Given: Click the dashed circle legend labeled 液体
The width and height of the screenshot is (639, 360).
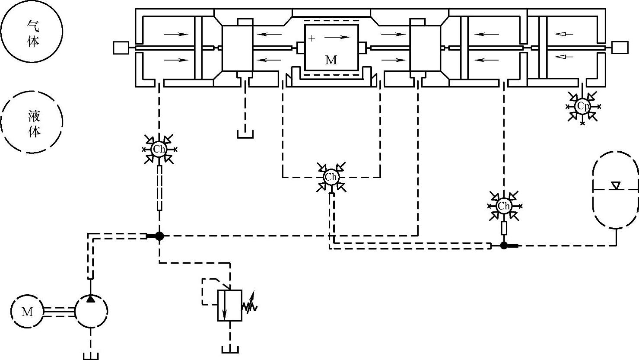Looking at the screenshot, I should click(x=32, y=121).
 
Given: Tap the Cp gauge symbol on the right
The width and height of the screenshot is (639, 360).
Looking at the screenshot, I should click(x=582, y=106).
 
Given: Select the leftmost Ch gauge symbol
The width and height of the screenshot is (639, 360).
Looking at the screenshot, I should click(x=159, y=150).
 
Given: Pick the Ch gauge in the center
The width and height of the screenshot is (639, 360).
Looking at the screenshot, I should click(x=331, y=177).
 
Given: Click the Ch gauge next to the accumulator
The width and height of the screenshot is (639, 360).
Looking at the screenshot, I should click(x=504, y=206).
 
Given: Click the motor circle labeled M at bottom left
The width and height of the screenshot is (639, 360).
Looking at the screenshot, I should click(x=27, y=311).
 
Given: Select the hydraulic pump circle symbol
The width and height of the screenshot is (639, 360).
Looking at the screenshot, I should click(x=91, y=311).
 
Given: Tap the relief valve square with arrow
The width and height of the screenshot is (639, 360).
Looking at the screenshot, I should click(x=229, y=306).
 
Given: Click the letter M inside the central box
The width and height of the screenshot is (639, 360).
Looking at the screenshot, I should click(x=331, y=60).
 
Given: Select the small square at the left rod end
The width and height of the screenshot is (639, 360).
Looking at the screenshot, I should click(x=120, y=48).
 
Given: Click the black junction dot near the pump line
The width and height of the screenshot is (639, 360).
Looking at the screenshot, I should click(x=159, y=236).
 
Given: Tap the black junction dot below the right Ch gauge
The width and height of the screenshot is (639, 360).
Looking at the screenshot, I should click(x=504, y=245).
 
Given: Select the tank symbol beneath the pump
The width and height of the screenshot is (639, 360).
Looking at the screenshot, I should click(x=91, y=356).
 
